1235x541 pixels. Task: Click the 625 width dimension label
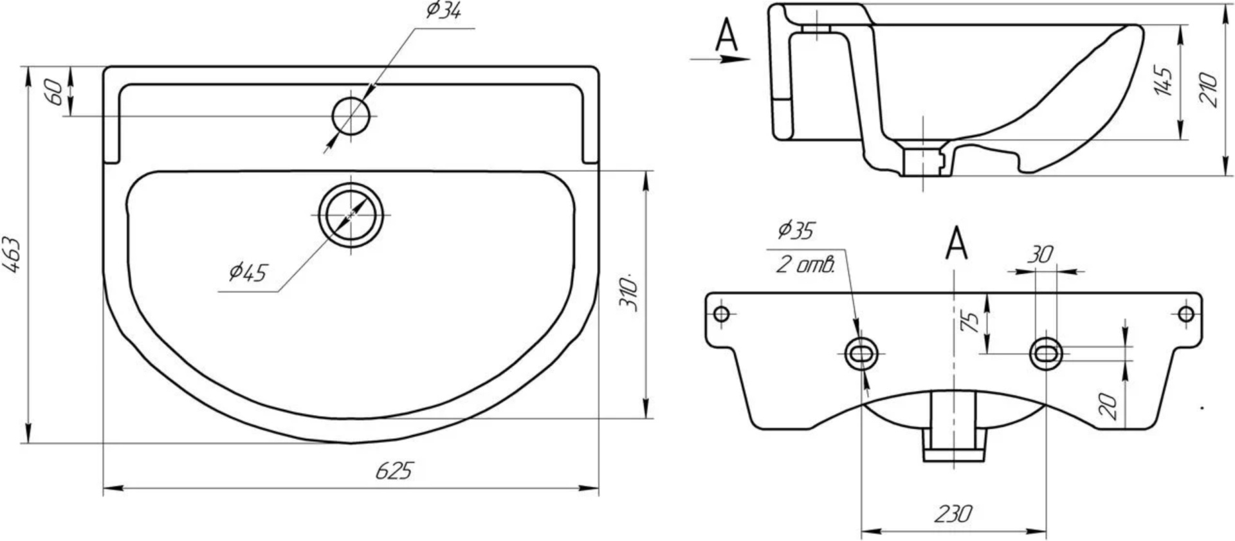coord(393,471)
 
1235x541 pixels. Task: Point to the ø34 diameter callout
coord(443,11)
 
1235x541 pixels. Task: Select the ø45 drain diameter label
coord(248,272)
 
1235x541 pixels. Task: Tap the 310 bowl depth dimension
coord(629,293)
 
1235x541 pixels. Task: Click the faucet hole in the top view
coord(352,116)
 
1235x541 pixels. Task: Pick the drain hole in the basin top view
coord(351,214)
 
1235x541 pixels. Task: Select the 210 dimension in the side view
coord(1209,89)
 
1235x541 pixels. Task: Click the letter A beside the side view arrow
coord(727,35)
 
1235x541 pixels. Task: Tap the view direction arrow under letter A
coord(720,59)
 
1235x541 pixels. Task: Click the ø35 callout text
coord(796,230)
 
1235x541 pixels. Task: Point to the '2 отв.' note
coord(805,264)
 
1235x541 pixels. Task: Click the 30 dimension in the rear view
coord(1039,255)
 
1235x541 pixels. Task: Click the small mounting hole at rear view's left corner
coord(722,314)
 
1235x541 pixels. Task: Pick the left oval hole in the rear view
coord(861,353)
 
